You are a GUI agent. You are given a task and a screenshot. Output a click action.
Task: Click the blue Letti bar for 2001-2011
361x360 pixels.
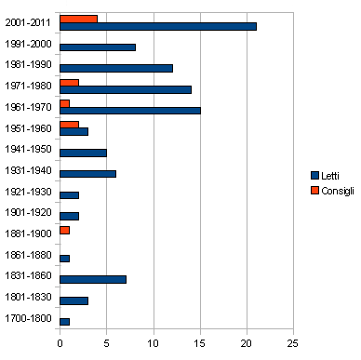157,26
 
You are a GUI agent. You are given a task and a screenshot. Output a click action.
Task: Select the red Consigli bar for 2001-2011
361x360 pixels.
78,18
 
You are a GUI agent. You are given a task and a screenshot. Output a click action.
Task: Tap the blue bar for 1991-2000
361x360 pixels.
98,47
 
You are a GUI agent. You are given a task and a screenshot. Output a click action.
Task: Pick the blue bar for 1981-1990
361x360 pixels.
116,68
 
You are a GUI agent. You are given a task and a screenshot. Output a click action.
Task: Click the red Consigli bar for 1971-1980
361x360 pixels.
69,82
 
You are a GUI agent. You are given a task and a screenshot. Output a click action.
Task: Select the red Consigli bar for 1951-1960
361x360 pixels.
69,124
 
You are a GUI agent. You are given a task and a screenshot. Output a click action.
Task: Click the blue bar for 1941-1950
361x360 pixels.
83,153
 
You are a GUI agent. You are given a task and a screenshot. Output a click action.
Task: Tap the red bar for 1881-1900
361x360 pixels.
64,230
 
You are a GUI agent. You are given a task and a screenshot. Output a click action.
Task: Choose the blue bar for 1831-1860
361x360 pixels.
92,279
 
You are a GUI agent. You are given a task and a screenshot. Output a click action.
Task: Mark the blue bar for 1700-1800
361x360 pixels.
64,322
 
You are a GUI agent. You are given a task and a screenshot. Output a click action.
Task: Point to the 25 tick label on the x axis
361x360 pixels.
294,341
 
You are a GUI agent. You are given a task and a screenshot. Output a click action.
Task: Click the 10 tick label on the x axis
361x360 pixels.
154,341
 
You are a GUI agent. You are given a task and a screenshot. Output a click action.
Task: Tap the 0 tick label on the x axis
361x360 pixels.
60,341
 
